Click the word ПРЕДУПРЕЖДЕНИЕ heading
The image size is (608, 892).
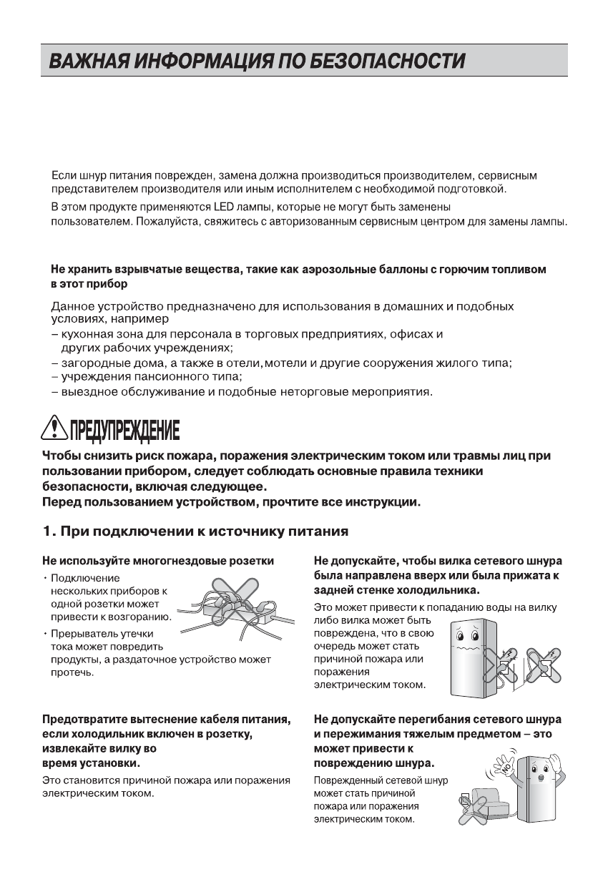click(x=124, y=431)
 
